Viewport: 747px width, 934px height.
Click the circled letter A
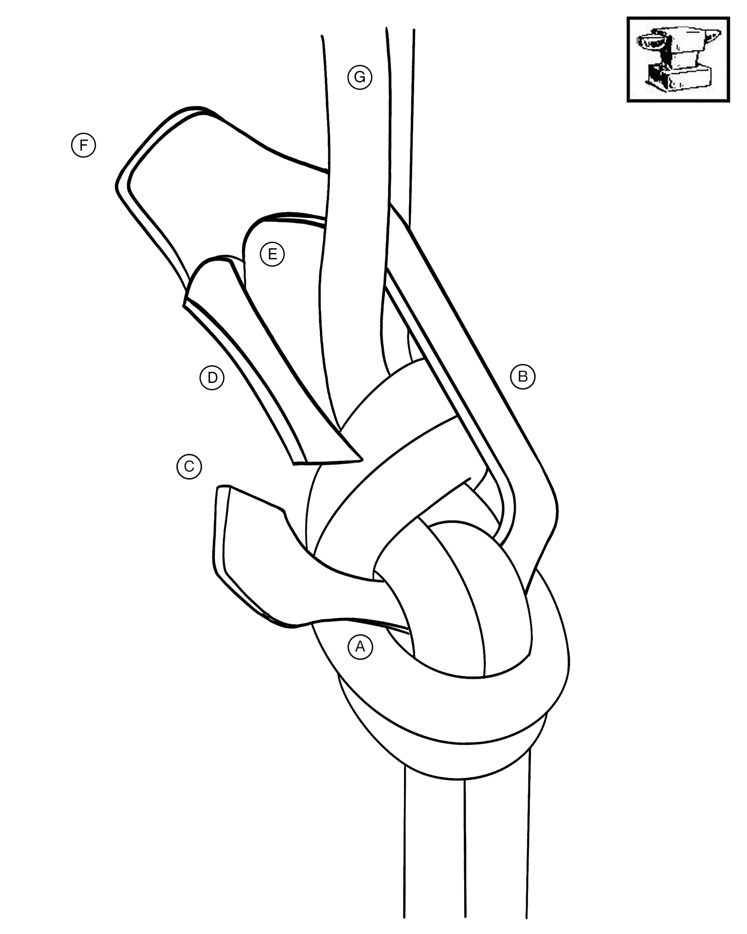pos(360,647)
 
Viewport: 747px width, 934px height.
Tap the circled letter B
pos(523,377)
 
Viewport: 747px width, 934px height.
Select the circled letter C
pos(189,467)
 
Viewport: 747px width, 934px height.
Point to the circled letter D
pos(212,378)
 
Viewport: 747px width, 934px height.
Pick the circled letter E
pos(272,254)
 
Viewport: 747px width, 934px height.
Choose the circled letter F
pos(83,145)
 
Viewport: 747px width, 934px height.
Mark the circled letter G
pos(359,77)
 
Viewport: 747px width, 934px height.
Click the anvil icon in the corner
pos(678,60)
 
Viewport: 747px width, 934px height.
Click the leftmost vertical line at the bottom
pos(405,845)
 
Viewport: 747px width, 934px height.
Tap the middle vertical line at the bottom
pos(465,845)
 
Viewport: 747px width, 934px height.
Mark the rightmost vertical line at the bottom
pos(528,845)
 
